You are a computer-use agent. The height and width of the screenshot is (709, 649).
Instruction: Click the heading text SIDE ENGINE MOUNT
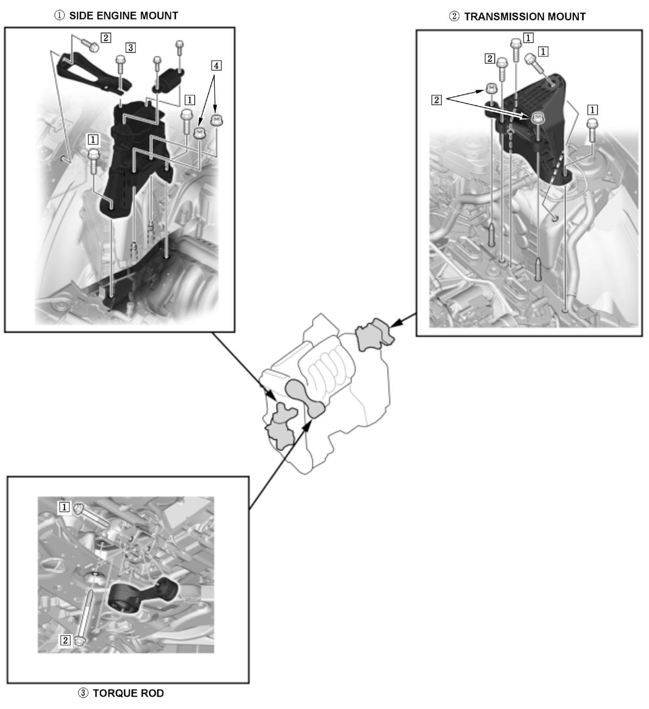click(x=123, y=16)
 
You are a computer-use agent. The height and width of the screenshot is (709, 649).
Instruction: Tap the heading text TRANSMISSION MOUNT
click(x=525, y=17)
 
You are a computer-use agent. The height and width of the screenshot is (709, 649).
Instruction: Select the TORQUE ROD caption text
click(x=128, y=693)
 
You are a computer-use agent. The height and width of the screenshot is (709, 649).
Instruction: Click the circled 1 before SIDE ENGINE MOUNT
click(x=59, y=16)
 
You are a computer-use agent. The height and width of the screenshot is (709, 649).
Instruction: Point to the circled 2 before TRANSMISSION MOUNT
click(x=454, y=17)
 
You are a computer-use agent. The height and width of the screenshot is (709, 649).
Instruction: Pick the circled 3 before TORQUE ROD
click(x=83, y=693)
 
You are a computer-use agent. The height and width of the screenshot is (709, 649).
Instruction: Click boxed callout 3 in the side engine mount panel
click(x=130, y=48)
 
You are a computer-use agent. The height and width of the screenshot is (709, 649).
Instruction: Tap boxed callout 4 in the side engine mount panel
click(x=216, y=65)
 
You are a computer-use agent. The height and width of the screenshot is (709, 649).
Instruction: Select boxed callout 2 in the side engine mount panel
click(x=105, y=37)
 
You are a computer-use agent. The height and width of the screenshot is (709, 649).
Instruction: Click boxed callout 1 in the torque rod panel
click(x=64, y=507)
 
